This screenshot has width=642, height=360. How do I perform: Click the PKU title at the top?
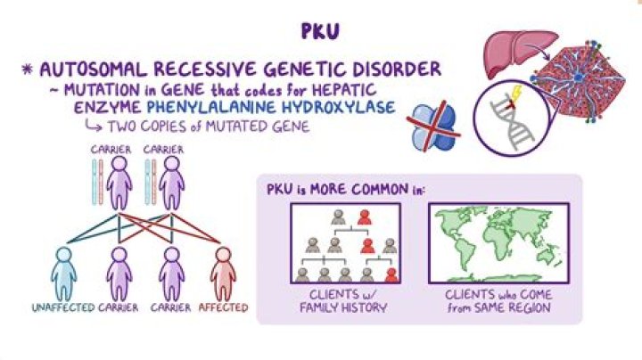click(320, 31)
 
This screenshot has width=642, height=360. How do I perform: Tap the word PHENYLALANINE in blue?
click(210, 107)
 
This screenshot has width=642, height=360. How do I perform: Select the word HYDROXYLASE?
click(338, 107)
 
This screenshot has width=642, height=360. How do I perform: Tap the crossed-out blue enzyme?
click(433, 127)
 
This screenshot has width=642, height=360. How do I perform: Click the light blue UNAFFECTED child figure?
click(63, 274)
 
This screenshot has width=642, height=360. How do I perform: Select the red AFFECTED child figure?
click(223, 274)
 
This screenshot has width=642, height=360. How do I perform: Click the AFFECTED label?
click(223, 307)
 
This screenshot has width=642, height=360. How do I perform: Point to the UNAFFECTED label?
click(63, 307)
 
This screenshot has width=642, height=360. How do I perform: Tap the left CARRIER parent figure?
click(119, 183)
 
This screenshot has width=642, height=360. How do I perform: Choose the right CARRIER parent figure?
click(171, 183)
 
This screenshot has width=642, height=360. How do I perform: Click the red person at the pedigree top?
click(364, 217)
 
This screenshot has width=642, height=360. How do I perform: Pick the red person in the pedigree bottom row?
click(391, 275)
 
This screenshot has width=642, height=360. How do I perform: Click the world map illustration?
click(498, 243)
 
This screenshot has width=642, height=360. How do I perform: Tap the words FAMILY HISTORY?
click(343, 307)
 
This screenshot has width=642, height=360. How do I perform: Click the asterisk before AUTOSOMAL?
click(28, 69)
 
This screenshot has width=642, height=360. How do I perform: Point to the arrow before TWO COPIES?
click(94, 127)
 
